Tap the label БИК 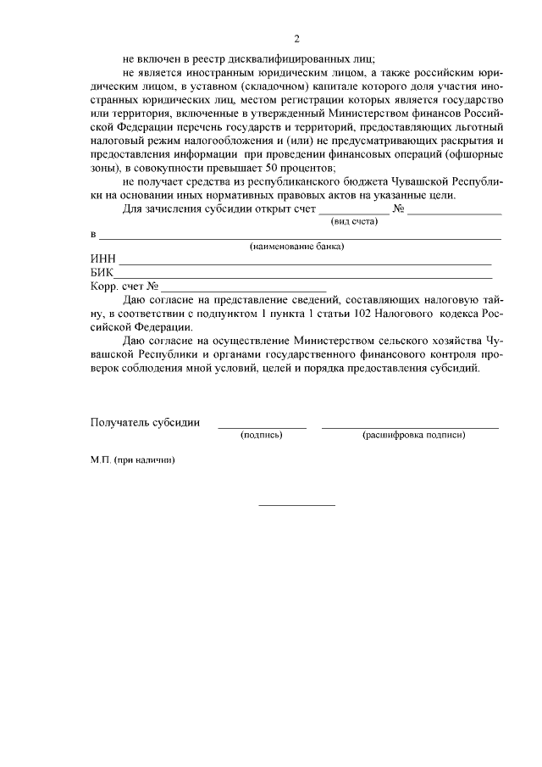102,273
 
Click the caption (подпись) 262,435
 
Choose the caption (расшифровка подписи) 413,435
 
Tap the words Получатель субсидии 145,422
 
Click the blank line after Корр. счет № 244,291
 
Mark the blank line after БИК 305,277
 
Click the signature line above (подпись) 262,427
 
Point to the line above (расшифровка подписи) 410,427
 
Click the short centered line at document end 296,506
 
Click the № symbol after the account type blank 398,208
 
